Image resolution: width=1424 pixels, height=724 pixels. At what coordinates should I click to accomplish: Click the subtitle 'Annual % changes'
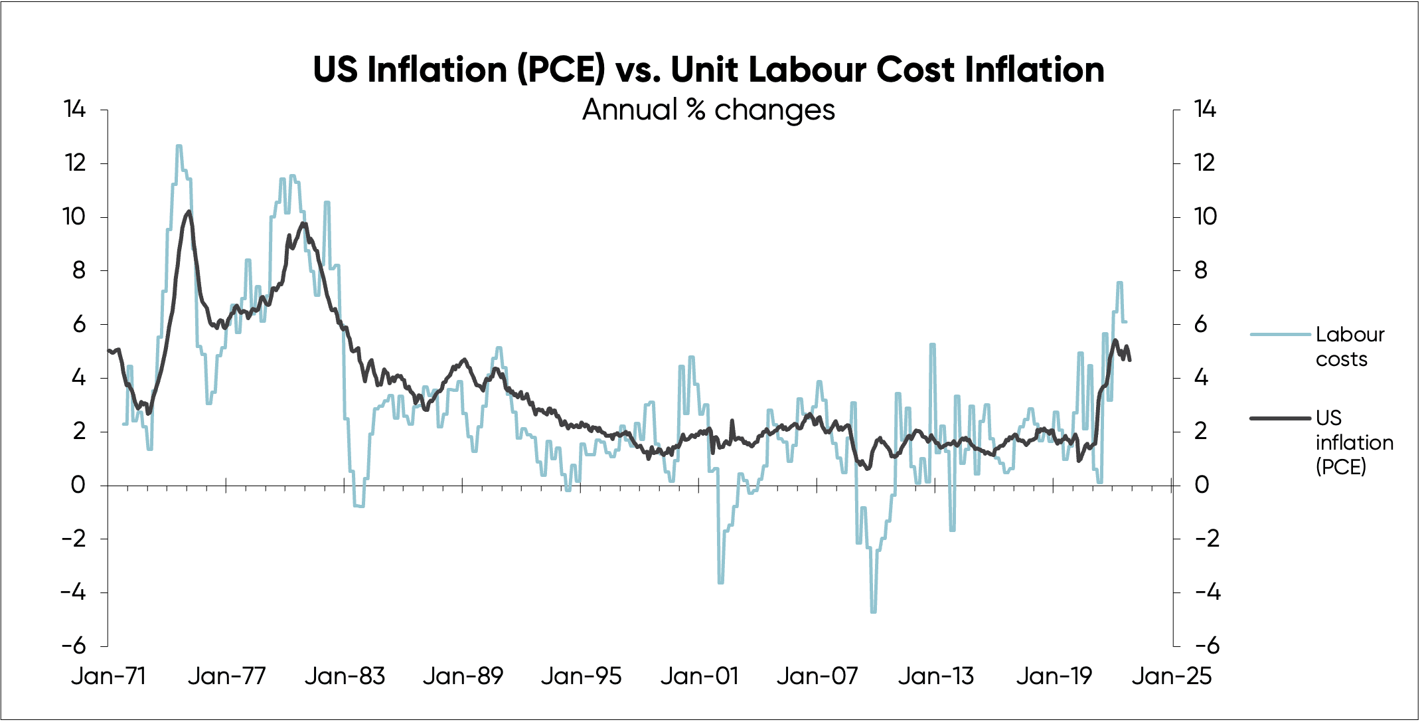pyautogui.click(x=708, y=110)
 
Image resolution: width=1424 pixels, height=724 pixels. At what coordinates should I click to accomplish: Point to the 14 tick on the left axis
pyautogui.click(x=75, y=109)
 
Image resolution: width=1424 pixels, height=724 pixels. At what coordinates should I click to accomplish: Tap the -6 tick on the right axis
pyautogui.click(x=1207, y=645)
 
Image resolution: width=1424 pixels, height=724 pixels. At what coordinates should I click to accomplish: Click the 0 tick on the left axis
pyautogui.click(x=78, y=485)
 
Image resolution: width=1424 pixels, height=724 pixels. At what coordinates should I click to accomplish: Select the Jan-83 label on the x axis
pyautogui.click(x=345, y=676)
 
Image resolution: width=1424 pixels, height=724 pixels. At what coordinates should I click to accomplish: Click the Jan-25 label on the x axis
pyautogui.click(x=1172, y=676)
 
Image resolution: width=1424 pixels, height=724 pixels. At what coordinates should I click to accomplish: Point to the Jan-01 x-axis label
pyautogui.click(x=699, y=676)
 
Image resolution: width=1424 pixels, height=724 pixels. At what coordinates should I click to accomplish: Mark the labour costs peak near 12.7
pyautogui.click(x=179, y=146)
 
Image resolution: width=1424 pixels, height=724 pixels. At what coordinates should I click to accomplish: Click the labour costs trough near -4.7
pyautogui.click(x=873, y=611)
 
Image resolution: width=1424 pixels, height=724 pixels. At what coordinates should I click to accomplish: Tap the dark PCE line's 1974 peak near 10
pyautogui.click(x=189, y=212)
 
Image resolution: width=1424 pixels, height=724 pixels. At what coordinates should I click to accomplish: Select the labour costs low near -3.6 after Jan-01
pyautogui.click(x=721, y=582)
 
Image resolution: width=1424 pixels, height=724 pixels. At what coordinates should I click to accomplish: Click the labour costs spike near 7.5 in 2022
pyautogui.click(x=1119, y=283)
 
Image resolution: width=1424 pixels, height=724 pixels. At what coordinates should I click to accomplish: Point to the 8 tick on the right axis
pyautogui.click(x=1200, y=270)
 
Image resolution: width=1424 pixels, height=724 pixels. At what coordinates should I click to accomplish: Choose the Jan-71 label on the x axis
pyautogui.click(x=108, y=676)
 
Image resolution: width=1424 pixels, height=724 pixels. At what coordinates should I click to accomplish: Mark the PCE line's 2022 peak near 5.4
pyautogui.click(x=1115, y=341)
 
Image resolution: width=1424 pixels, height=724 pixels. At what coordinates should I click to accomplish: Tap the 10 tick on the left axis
pyautogui.click(x=75, y=217)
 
